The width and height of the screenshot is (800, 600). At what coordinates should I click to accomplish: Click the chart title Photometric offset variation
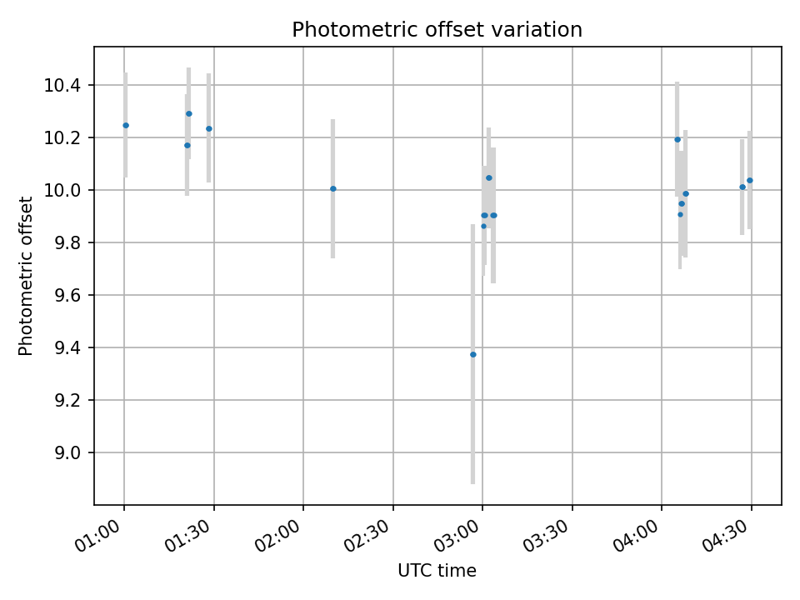[x=437, y=30]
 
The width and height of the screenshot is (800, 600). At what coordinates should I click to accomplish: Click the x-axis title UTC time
[x=437, y=571]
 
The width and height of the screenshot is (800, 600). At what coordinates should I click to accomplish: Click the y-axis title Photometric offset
[x=26, y=276]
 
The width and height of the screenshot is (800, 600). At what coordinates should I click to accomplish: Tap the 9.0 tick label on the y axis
[x=67, y=453]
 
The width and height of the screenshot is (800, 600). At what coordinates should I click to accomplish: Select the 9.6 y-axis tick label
[x=67, y=296]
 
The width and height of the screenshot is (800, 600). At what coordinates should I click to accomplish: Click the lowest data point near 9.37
[x=472, y=354]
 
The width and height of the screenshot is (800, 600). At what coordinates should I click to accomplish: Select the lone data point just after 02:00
[x=332, y=188]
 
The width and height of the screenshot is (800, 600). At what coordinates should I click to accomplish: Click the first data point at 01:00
[x=126, y=125]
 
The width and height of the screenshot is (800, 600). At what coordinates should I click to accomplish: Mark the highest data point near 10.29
[x=188, y=113]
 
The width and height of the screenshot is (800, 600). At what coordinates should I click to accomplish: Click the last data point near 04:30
[x=749, y=180]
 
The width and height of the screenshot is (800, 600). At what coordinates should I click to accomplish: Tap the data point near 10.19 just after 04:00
[x=677, y=139]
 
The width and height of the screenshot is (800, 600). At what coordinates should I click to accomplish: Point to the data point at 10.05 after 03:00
[x=488, y=177]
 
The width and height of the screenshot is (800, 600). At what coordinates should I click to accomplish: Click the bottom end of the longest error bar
[x=472, y=482]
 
